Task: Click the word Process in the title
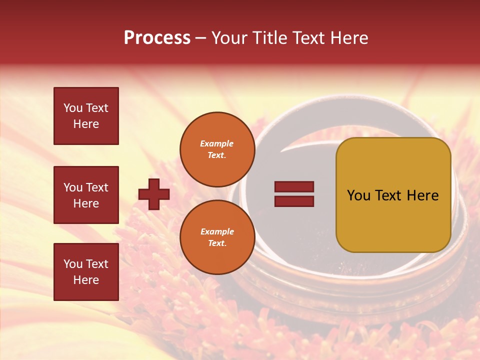pyautogui.click(x=157, y=38)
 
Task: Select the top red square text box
pyautogui.click(x=86, y=116)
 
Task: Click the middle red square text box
pyautogui.click(x=86, y=195)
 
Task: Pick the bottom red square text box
pyautogui.click(x=86, y=272)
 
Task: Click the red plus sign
pyautogui.click(x=154, y=194)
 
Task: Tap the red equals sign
pyautogui.click(x=294, y=194)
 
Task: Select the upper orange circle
pyautogui.click(x=217, y=149)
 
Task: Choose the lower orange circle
pyautogui.click(x=217, y=237)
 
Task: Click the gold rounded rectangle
pyautogui.click(x=393, y=195)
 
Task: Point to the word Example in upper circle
pyautogui.click(x=217, y=143)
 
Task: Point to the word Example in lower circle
pyautogui.click(x=217, y=231)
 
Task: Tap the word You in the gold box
pyautogui.click(x=358, y=195)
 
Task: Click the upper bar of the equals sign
pyautogui.click(x=294, y=186)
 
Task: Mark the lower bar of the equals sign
pyautogui.click(x=294, y=201)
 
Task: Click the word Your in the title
pyautogui.click(x=230, y=38)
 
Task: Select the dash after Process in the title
pyautogui.click(x=200, y=38)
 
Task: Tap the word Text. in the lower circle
pyautogui.click(x=217, y=243)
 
